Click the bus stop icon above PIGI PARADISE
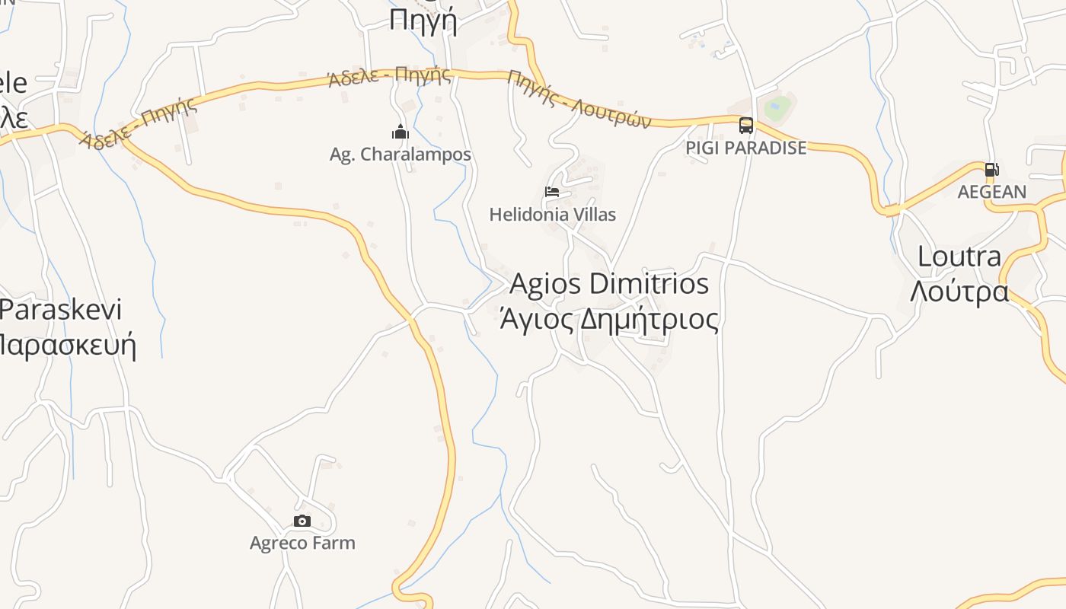coord(746,126)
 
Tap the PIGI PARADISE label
coord(745,148)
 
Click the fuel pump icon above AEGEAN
coord(991,170)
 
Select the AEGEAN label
coord(991,192)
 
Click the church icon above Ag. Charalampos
coord(400,132)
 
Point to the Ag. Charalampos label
coord(400,155)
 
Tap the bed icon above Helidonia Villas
coord(552,192)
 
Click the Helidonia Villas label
coord(552,215)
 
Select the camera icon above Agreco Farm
coord(302,521)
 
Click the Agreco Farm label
coord(302,543)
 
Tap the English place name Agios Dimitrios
coord(608,284)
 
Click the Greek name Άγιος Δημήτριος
coord(608,319)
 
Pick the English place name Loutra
coord(959,257)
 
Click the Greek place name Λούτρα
coord(959,291)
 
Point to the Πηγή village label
coord(423,21)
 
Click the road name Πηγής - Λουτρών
coord(579,99)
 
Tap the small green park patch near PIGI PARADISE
coord(777,107)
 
